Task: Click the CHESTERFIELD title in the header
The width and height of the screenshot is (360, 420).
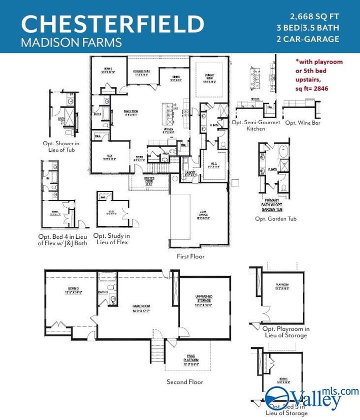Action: point(112,24)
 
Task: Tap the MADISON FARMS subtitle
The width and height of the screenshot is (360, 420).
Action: point(71,42)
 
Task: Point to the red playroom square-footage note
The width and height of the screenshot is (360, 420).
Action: point(319,75)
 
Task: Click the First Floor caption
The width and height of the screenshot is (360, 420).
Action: point(190,256)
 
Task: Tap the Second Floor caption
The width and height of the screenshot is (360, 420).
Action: point(185,382)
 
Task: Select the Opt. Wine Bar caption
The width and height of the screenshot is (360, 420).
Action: point(302,122)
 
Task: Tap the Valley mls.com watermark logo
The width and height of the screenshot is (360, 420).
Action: point(312,396)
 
